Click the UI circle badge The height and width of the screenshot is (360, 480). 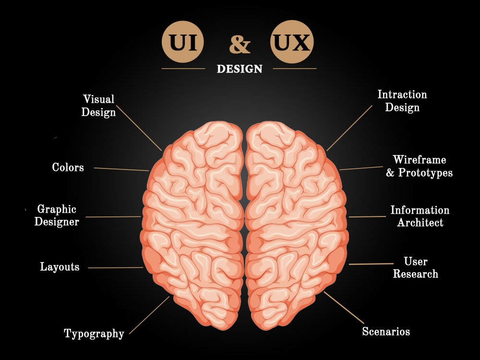coord(183,42)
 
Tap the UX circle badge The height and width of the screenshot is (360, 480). coord(292,42)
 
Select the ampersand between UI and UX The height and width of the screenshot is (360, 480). coord(240,44)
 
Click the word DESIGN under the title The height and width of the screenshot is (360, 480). coord(240,69)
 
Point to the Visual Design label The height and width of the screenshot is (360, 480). coord(98,106)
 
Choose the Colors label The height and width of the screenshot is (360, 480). coord(68,167)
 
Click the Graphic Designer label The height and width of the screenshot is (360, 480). coord(57,215)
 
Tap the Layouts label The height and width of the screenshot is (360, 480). coord(60,266)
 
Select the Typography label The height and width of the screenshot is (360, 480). coord(94,334)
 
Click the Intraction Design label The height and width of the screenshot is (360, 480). coord(402,101)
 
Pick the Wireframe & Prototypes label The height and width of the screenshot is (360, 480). coord(420,166)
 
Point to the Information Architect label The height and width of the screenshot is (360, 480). coord(420,216)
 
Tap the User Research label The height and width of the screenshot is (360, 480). coord(415,267)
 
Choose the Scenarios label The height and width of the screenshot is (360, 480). coord(386,331)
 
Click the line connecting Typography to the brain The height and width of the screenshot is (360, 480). coord(149,315)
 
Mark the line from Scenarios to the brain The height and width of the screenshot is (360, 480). coord(344,307)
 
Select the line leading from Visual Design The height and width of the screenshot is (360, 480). coord(139,128)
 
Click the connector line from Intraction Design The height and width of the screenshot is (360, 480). coord(349,128)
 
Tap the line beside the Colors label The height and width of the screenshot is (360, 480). coord(121,169)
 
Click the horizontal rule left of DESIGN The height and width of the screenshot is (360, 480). coord(183,69)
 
